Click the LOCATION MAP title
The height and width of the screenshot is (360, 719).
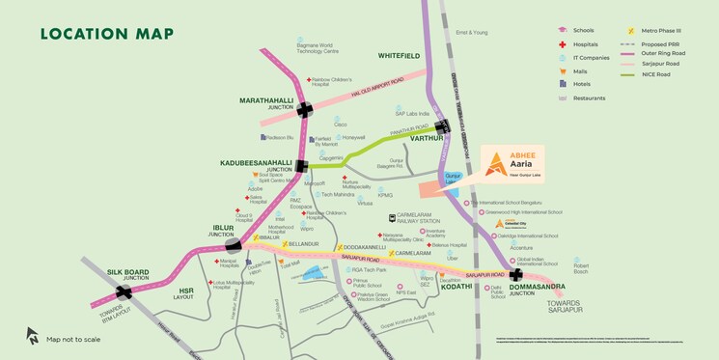(107, 35)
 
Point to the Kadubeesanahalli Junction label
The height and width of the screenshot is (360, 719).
(257, 163)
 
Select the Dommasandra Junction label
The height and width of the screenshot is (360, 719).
(535, 289)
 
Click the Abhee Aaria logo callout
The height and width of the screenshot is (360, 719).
(505, 164)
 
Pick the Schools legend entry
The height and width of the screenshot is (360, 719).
(583, 31)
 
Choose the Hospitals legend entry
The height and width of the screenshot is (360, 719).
(585, 44)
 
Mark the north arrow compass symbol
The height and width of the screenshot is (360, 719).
(33, 335)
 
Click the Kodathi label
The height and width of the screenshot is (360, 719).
(457, 287)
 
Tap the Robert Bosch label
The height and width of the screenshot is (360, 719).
(581, 267)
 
